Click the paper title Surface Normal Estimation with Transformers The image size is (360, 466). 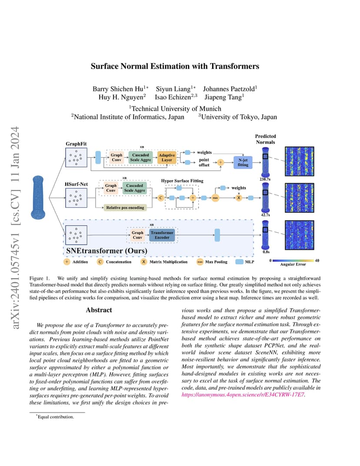tap(175, 66)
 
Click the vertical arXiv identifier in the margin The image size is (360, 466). tap(15, 227)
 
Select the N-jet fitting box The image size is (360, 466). tap(243, 162)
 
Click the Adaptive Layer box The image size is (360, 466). tap(167, 157)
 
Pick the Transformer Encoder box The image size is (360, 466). tap(162, 235)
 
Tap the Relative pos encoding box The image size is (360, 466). tap(125, 207)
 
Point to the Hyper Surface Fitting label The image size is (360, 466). tap(182, 181)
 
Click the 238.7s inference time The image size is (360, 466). tap(265, 179)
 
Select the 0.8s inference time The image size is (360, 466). tap(266, 252)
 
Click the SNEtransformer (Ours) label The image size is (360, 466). tap(107, 251)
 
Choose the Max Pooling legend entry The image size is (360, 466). tap(212, 262)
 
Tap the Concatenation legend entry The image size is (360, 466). tap(114, 262)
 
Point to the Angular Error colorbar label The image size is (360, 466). tap(293, 264)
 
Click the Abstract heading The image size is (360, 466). tap(99, 310)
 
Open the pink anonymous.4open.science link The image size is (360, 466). tap(243, 395)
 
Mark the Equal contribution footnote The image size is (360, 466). tap(55, 417)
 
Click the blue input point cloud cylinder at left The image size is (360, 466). tap(38, 197)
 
